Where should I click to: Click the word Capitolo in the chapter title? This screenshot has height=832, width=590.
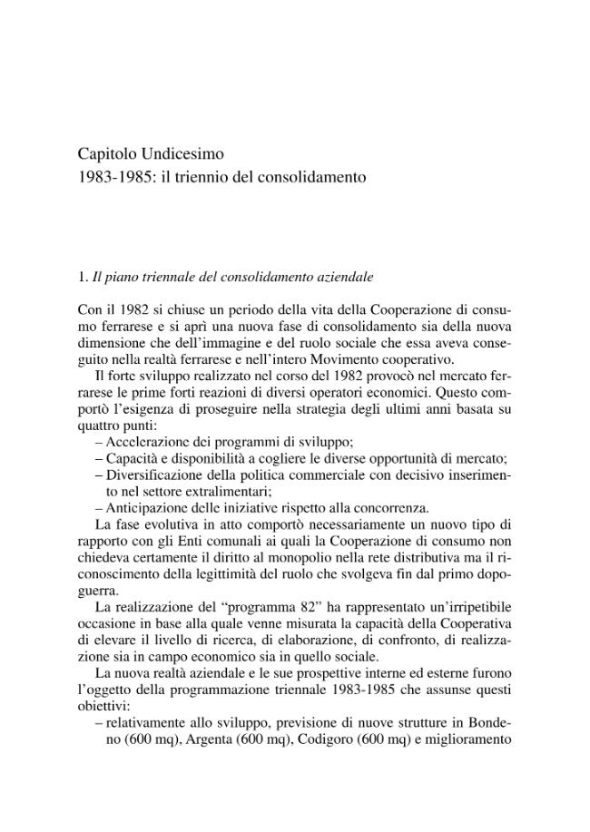click(x=104, y=154)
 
